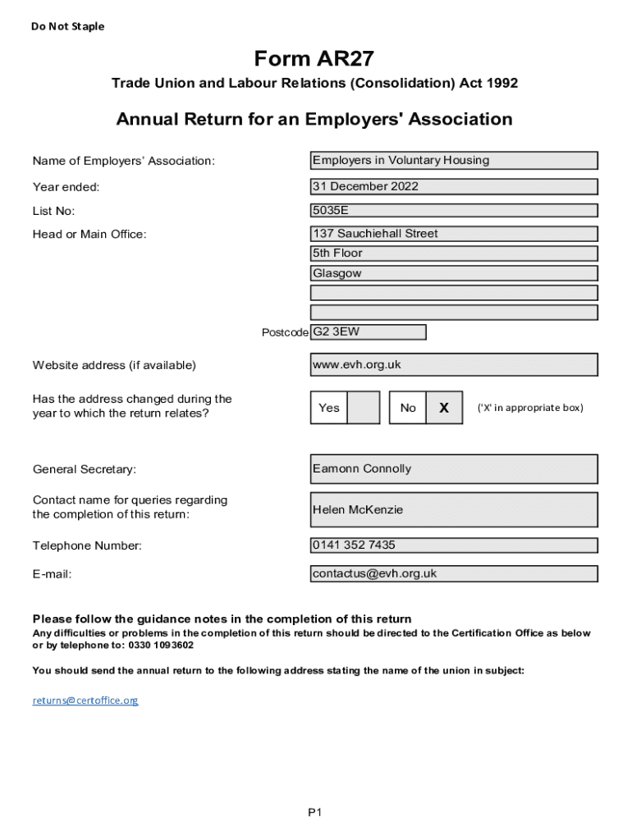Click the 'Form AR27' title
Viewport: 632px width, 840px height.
314,58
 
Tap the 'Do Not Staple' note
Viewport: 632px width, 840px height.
68,26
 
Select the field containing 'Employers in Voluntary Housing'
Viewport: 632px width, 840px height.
453,161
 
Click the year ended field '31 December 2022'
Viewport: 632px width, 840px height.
453,186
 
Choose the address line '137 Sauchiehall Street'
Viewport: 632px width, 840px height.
453,234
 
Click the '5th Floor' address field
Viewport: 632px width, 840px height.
453,253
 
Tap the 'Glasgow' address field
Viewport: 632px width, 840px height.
453,273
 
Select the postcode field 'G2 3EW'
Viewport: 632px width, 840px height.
368,332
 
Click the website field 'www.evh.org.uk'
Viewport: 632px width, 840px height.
453,364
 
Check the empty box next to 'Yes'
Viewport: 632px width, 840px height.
364,408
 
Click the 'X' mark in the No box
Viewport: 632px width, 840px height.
444,408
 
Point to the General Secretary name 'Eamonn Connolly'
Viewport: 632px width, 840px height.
453,469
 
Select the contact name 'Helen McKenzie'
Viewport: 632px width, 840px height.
453,509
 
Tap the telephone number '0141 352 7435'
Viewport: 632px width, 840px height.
453,545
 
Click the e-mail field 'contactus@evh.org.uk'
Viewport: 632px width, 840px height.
453,573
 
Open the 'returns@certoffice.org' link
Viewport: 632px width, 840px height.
85,701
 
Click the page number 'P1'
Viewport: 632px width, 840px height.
315,812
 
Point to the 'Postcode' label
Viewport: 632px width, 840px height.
285,332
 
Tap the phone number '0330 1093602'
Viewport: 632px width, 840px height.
161,645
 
